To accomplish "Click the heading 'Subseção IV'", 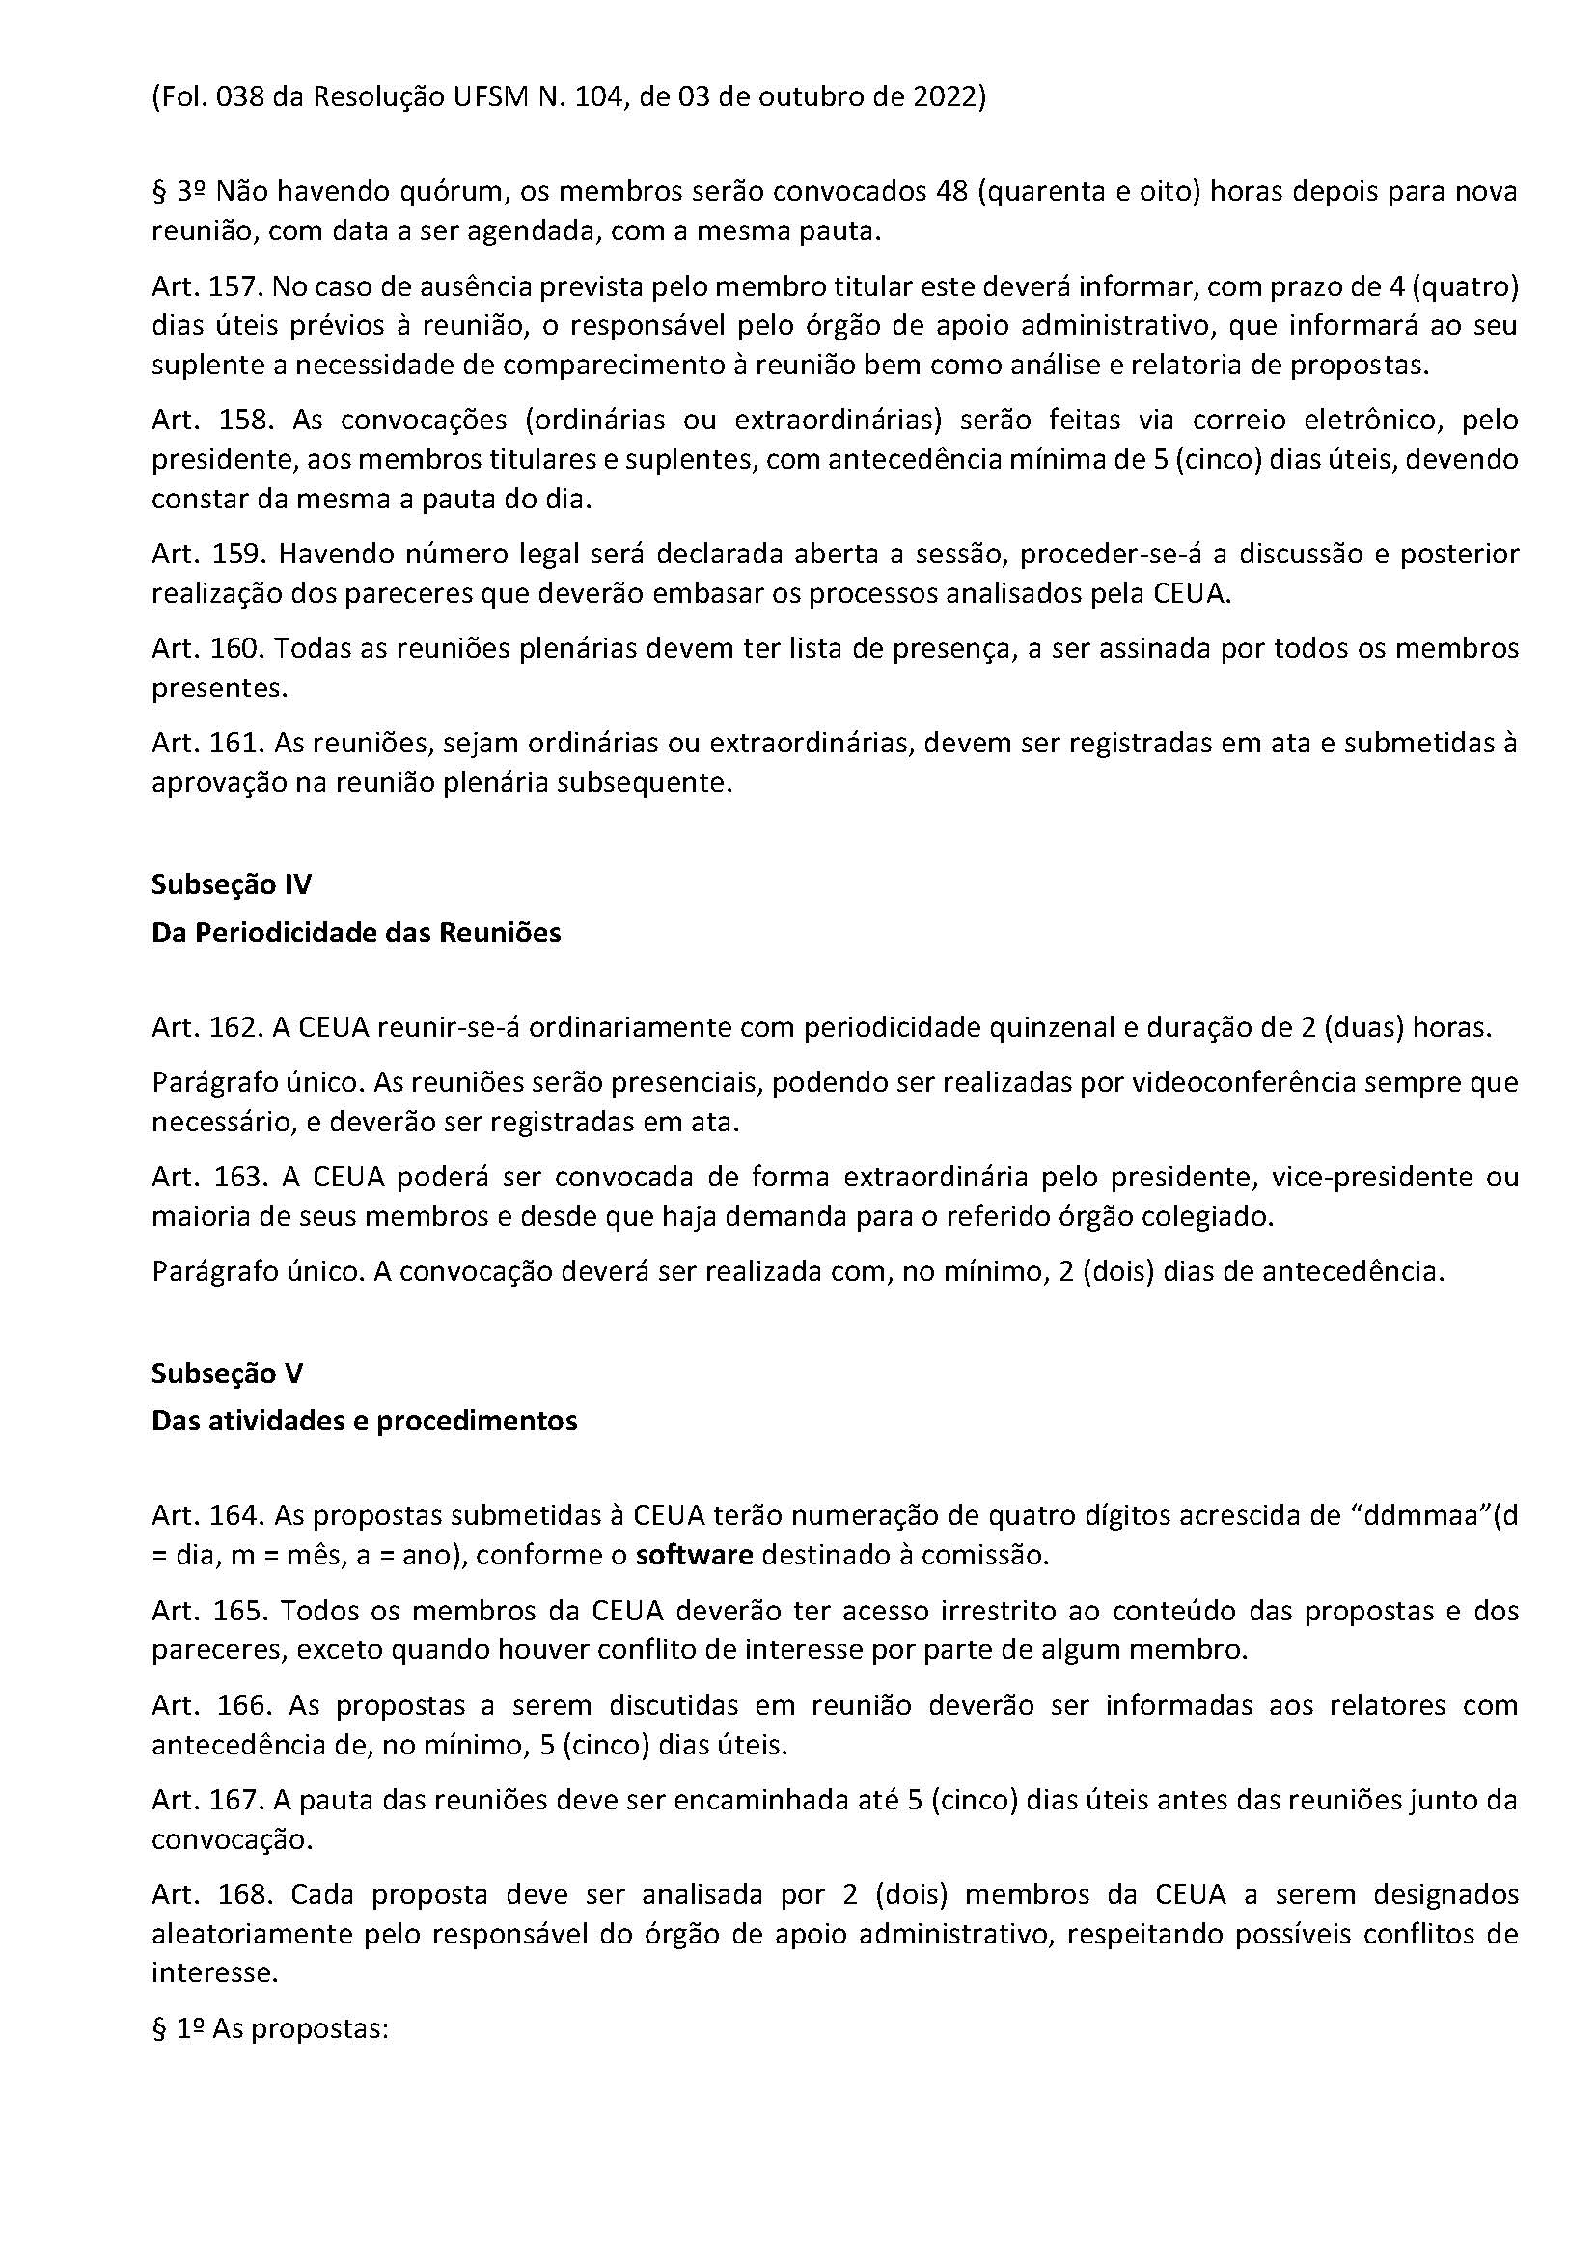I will pyautogui.click(x=231, y=884).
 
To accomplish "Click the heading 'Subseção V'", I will pyautogui.click(x=227, y=1373).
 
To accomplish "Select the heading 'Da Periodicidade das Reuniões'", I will pyautogui.click(x=356, y=933).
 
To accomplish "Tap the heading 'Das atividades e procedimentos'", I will pyautogui.click(x=364, y=1421).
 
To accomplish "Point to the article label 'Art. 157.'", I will pyautogui.click(x=206, y=286).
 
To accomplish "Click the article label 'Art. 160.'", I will pyautogui.click(x=206, y=648).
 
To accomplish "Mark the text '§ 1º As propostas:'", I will pyautogui.click(x=271, y=2029).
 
